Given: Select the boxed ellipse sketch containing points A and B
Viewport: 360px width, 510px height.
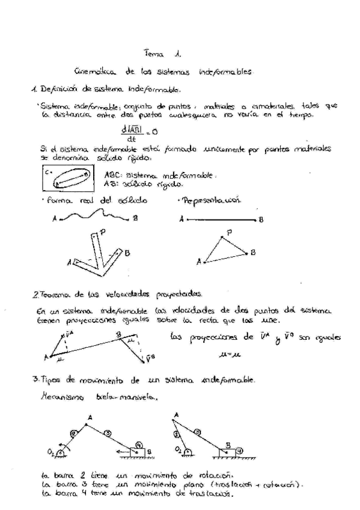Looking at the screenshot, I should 68,179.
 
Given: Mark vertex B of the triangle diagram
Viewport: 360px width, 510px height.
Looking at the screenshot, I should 253,253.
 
